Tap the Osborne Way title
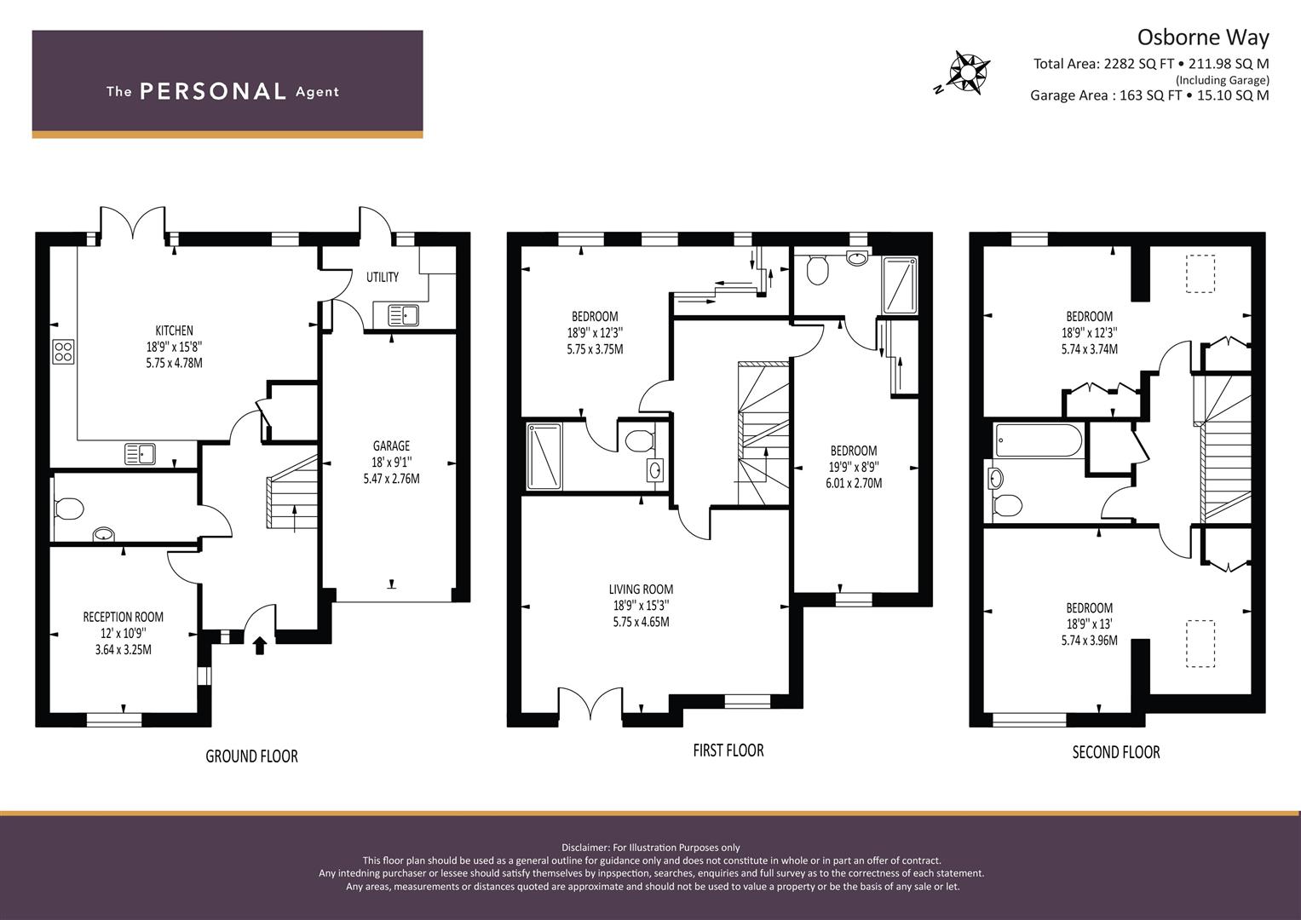[1203, 37]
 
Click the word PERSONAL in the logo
[213, 91]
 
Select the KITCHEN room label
[175, 331]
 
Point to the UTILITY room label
[383, 277]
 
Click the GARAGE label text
[391, 446]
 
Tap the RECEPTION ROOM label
[124, 617]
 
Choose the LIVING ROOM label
[642, 589]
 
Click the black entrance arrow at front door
[260, 646]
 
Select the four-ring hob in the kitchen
[63, 351]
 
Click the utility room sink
[403, 315]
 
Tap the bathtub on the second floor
[1039, 440]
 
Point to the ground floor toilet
[68, 509]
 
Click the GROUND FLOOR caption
[251, 756]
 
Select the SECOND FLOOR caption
[1116, 752]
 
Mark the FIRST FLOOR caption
[728, 750]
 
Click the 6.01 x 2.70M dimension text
[854, 483]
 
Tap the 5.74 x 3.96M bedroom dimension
[1090, 641]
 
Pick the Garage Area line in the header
[1149, 95]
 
